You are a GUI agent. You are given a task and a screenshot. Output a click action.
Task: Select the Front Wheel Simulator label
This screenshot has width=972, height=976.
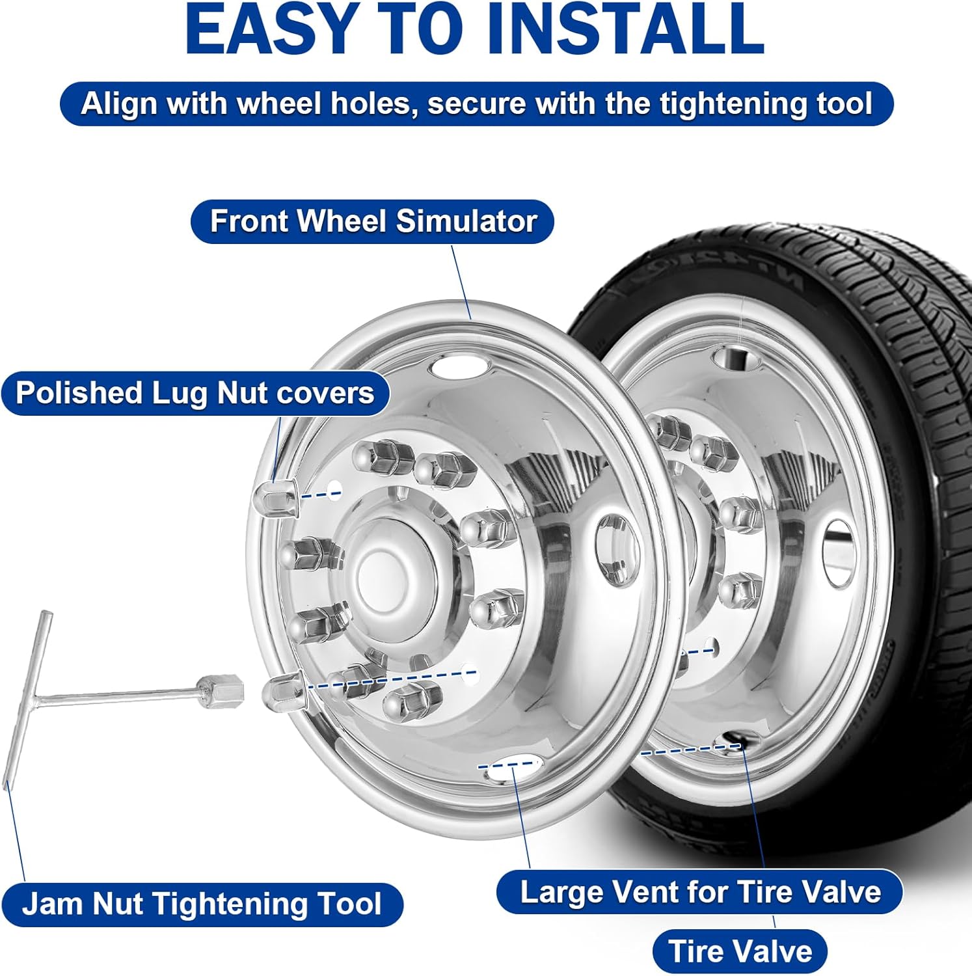[372, 221]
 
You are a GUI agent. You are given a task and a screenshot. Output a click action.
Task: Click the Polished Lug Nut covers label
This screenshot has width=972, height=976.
[195, 393]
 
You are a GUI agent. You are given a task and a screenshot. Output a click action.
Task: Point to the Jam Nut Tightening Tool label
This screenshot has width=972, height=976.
[202, 904]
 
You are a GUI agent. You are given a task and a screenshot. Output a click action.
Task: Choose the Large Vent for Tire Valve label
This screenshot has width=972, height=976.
[699, 891]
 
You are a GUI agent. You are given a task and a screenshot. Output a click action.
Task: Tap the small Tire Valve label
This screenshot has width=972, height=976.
[740, 951]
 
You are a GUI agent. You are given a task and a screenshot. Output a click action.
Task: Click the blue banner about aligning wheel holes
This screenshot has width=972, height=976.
[476, 104]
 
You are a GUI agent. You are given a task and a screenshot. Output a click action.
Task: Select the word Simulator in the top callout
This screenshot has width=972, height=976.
[466, 221]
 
